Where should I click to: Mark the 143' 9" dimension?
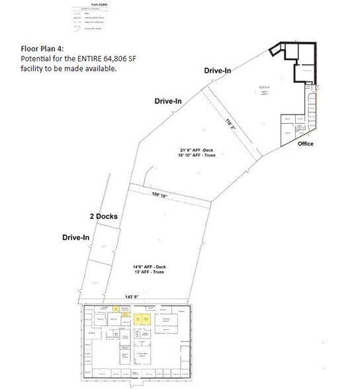107,297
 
